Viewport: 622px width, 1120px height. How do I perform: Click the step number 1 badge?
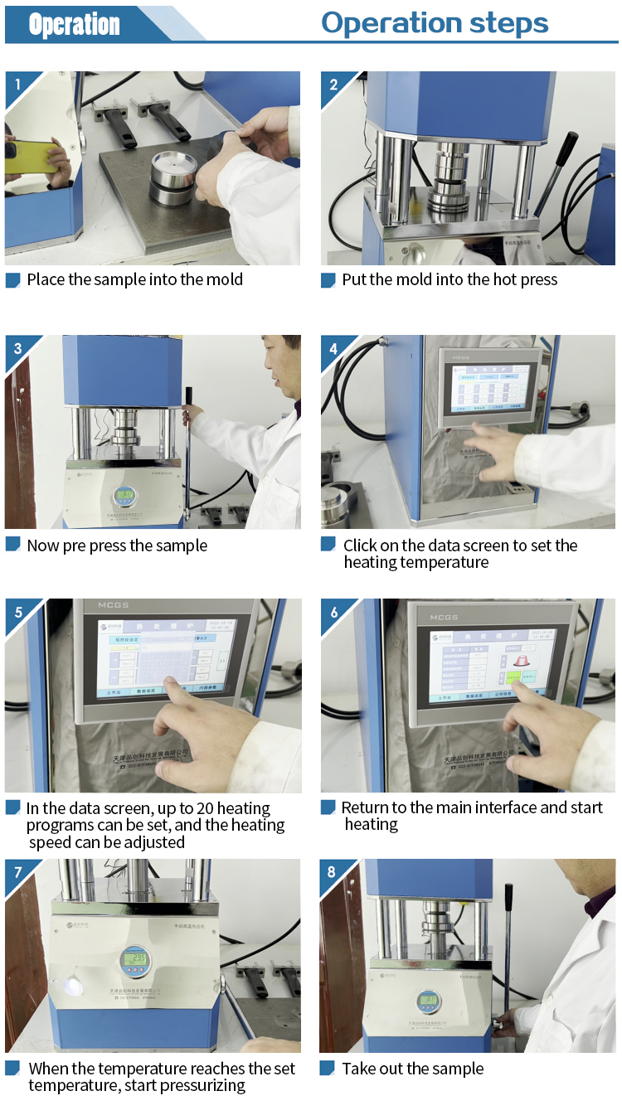(16, 84)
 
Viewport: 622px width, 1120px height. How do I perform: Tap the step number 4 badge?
(333, 349)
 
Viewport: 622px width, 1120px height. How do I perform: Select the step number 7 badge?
(17, 872)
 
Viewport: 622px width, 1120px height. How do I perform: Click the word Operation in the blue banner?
(74, 25)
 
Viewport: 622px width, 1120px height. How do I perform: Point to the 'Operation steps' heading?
(435, 22)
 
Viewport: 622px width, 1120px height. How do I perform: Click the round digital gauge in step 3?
(125, 497)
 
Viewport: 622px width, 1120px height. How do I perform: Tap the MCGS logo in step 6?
(444, 618)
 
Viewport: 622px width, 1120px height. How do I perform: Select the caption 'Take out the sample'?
(412, 1069)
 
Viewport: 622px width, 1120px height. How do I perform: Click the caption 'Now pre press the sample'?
(117, 545)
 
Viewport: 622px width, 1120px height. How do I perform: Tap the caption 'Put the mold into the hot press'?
(449, 279)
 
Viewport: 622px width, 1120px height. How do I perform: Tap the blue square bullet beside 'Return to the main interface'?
(328, 807)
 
